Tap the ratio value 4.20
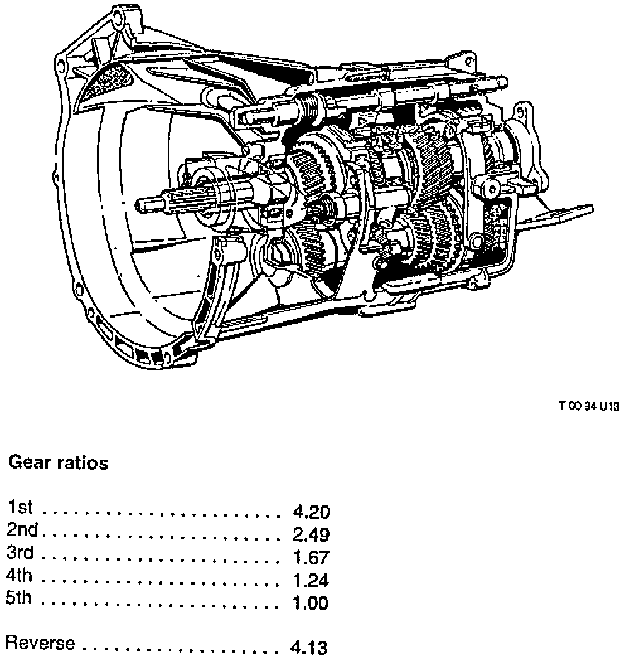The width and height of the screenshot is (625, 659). tap(311, 511)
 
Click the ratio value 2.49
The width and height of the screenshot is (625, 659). tap(311, 534)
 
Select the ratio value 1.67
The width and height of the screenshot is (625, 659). tap(311, 558)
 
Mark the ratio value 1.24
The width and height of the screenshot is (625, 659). tap(311, 580)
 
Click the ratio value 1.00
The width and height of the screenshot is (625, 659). tap(311, 604)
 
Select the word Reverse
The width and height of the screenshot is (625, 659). tap(40, 644)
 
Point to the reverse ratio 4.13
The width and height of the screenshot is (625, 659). tap(309, 647)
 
